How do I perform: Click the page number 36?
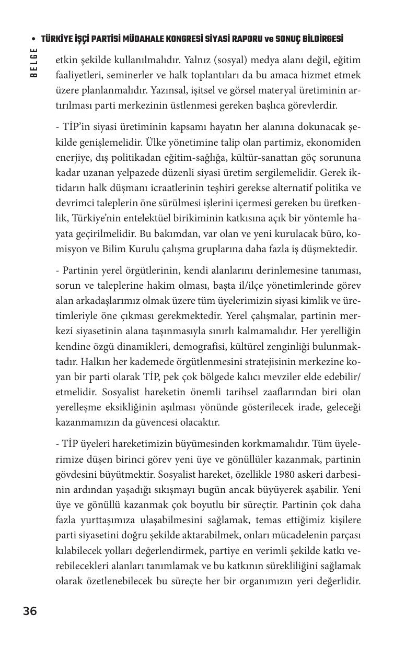(x=30, y=611)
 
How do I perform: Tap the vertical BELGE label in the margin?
(x=34, y=63)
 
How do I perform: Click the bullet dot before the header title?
(x=34, y=40)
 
